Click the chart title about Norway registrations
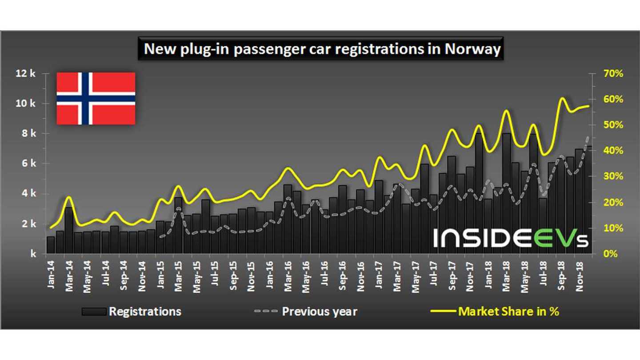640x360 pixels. point(322,49)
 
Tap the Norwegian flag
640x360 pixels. point(96,98)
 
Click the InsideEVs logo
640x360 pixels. point(511,238)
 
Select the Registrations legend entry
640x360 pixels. point(132,311)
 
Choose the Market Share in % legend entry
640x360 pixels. point(495,311)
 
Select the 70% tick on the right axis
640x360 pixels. point(612,73)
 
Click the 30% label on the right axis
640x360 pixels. point(612,176)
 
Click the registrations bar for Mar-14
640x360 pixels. point(69,231)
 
